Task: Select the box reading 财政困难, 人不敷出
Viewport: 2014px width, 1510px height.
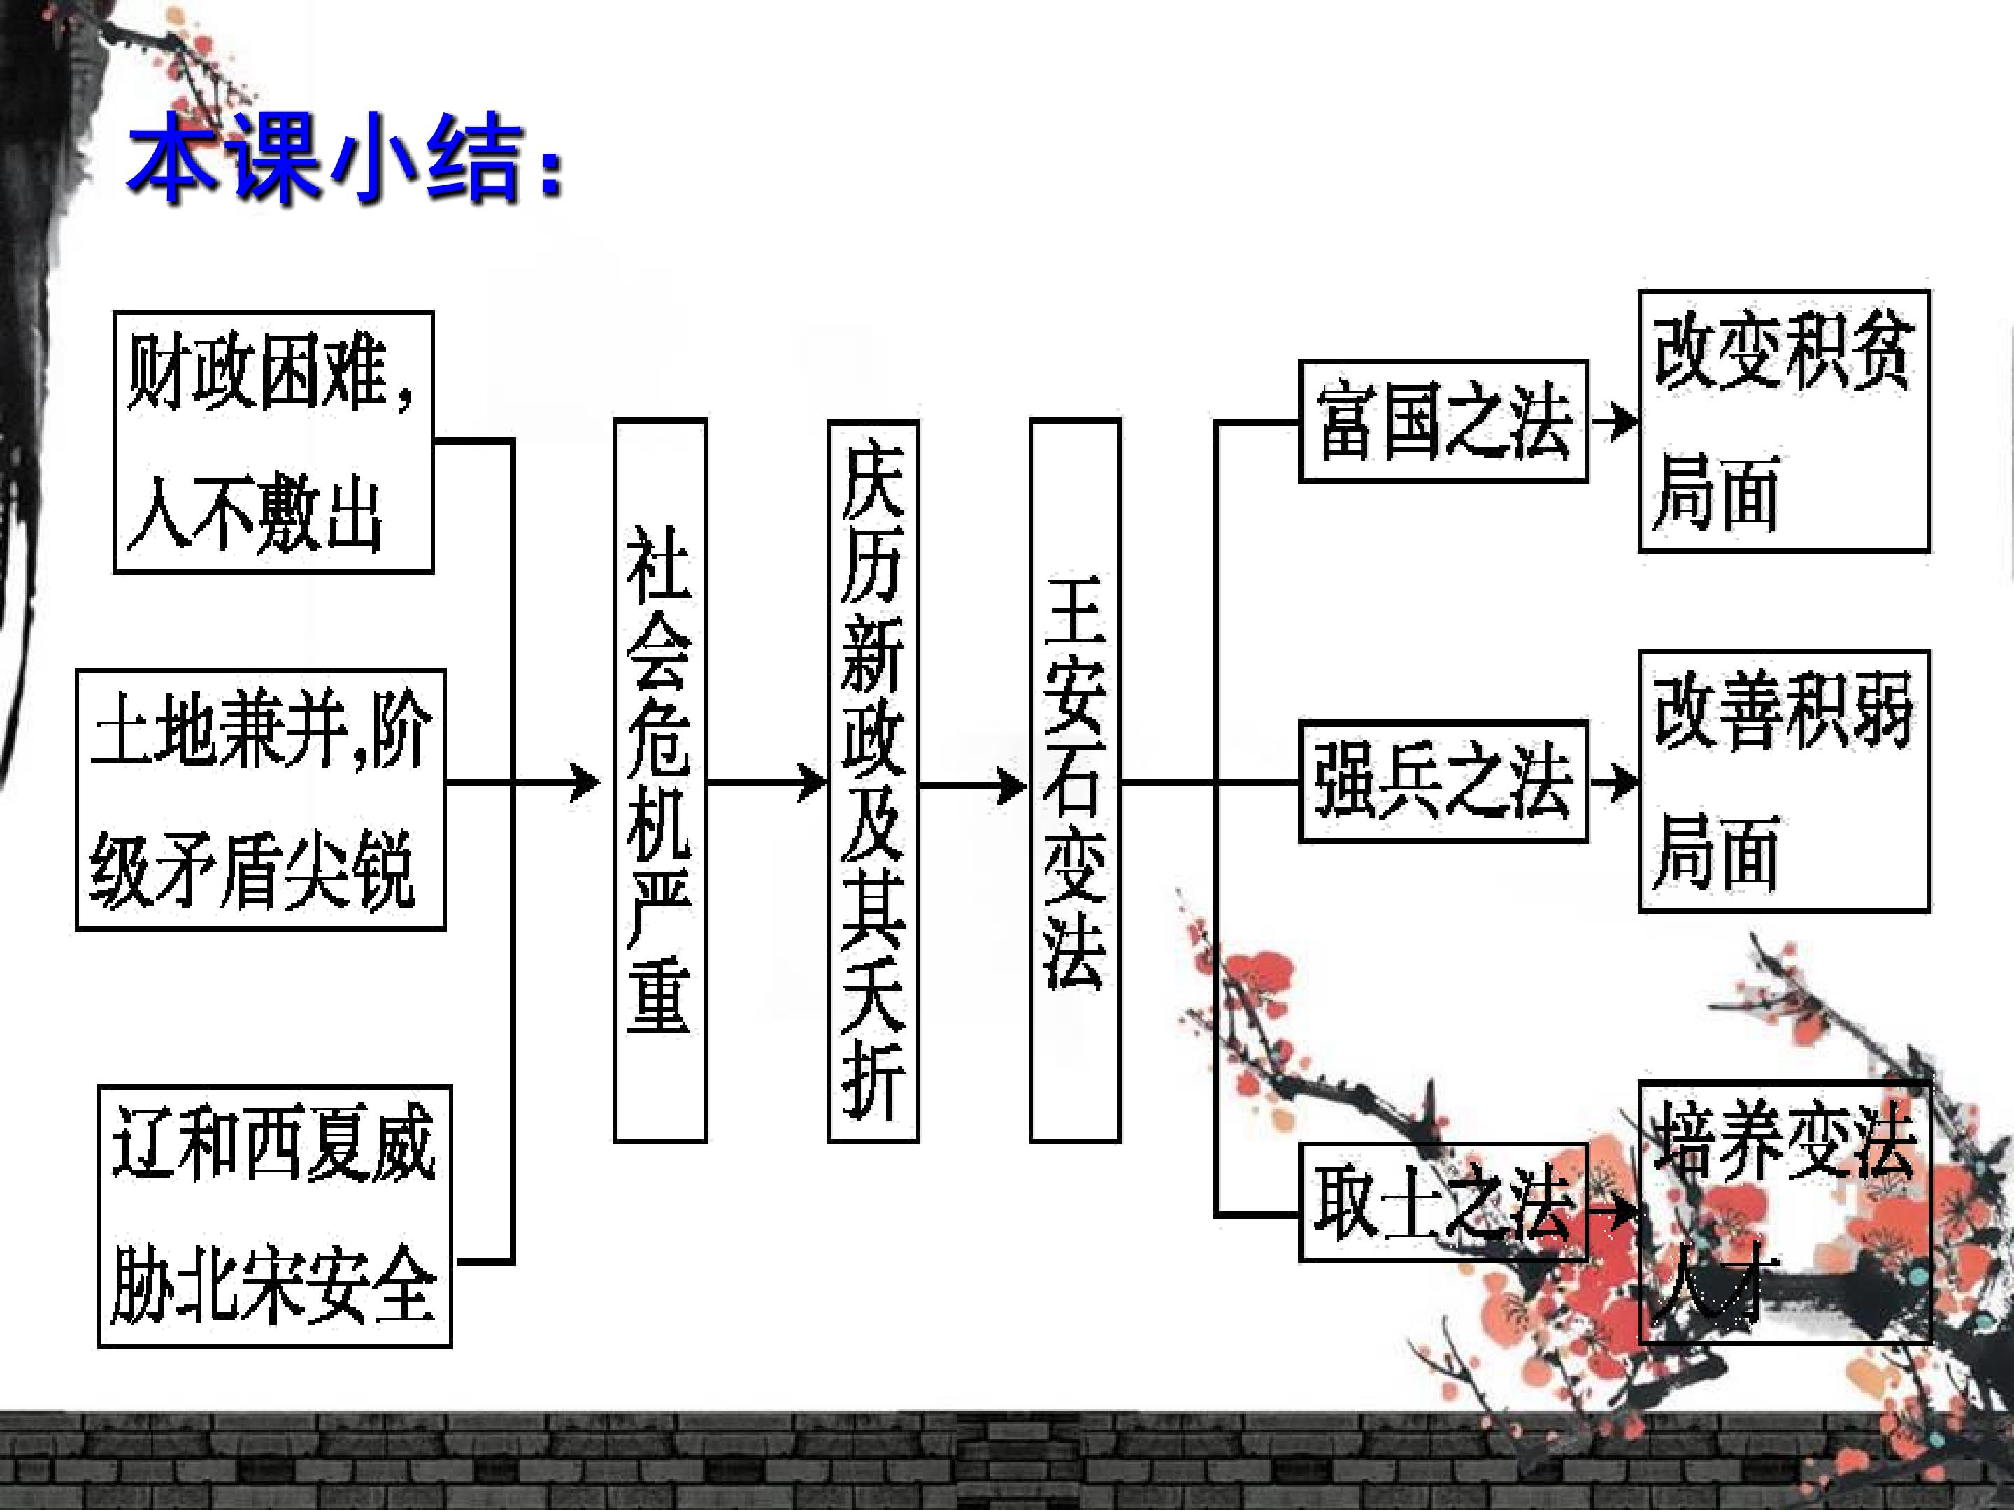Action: [273, 443]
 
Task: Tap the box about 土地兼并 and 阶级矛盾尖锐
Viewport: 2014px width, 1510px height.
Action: [260, 799]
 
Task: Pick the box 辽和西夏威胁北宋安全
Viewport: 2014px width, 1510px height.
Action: [274, 1216]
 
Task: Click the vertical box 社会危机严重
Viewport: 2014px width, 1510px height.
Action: [660, 780]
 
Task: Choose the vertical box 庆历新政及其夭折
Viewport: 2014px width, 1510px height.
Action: [872, 781]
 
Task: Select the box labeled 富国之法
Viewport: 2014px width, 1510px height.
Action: [1443, 422]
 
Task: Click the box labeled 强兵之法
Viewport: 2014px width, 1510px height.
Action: [1443, 781]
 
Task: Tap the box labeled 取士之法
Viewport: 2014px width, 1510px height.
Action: [1443, 1202]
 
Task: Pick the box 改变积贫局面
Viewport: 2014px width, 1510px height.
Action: [1785, 422]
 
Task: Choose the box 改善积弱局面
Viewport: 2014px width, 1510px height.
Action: [1785, 781]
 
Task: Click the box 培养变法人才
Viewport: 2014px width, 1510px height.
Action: [1785, 1211]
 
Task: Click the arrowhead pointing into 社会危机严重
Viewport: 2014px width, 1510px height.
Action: [585, 782]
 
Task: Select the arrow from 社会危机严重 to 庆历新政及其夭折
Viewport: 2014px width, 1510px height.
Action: [766, 782]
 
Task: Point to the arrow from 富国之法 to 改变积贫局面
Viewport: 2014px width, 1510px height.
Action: [1613, 422]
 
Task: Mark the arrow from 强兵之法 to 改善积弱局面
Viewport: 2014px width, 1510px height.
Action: [1613, 782]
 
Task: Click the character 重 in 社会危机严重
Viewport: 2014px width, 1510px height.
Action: [659, 1000]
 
